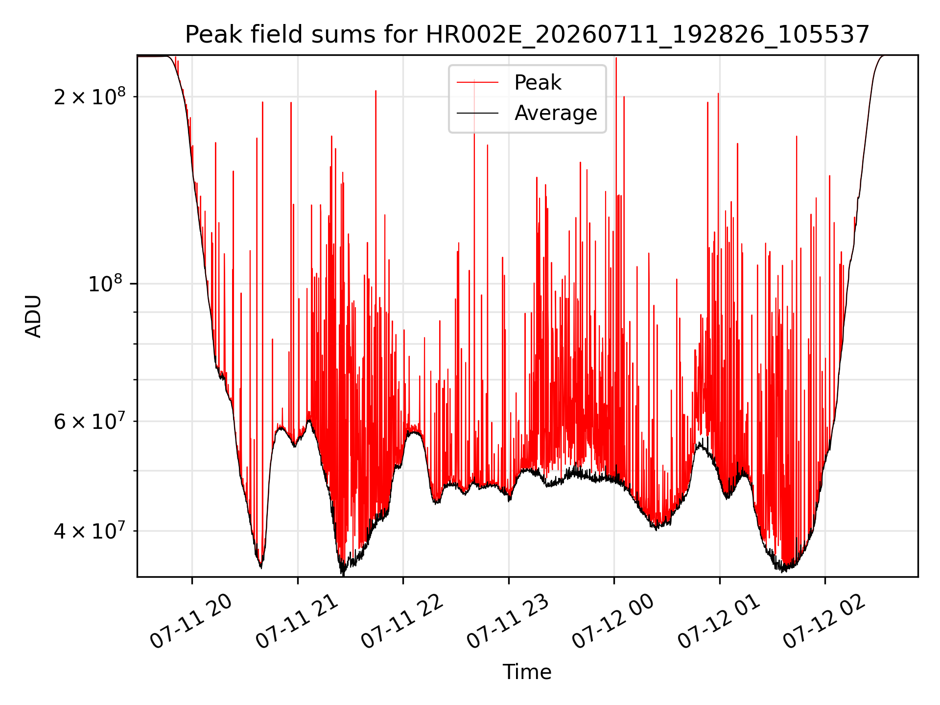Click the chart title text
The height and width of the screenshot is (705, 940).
[527, 35]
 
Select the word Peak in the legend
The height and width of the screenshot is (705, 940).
[538, 83]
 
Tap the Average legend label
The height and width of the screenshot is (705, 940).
[556, 113]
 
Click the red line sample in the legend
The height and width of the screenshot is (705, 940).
[478, 83]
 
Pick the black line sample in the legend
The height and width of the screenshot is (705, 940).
[478, 113]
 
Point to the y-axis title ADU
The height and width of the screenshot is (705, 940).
[33, 316]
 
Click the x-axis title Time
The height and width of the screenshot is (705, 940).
[527, 672]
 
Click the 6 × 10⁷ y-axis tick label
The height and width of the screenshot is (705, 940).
[89, 420]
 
